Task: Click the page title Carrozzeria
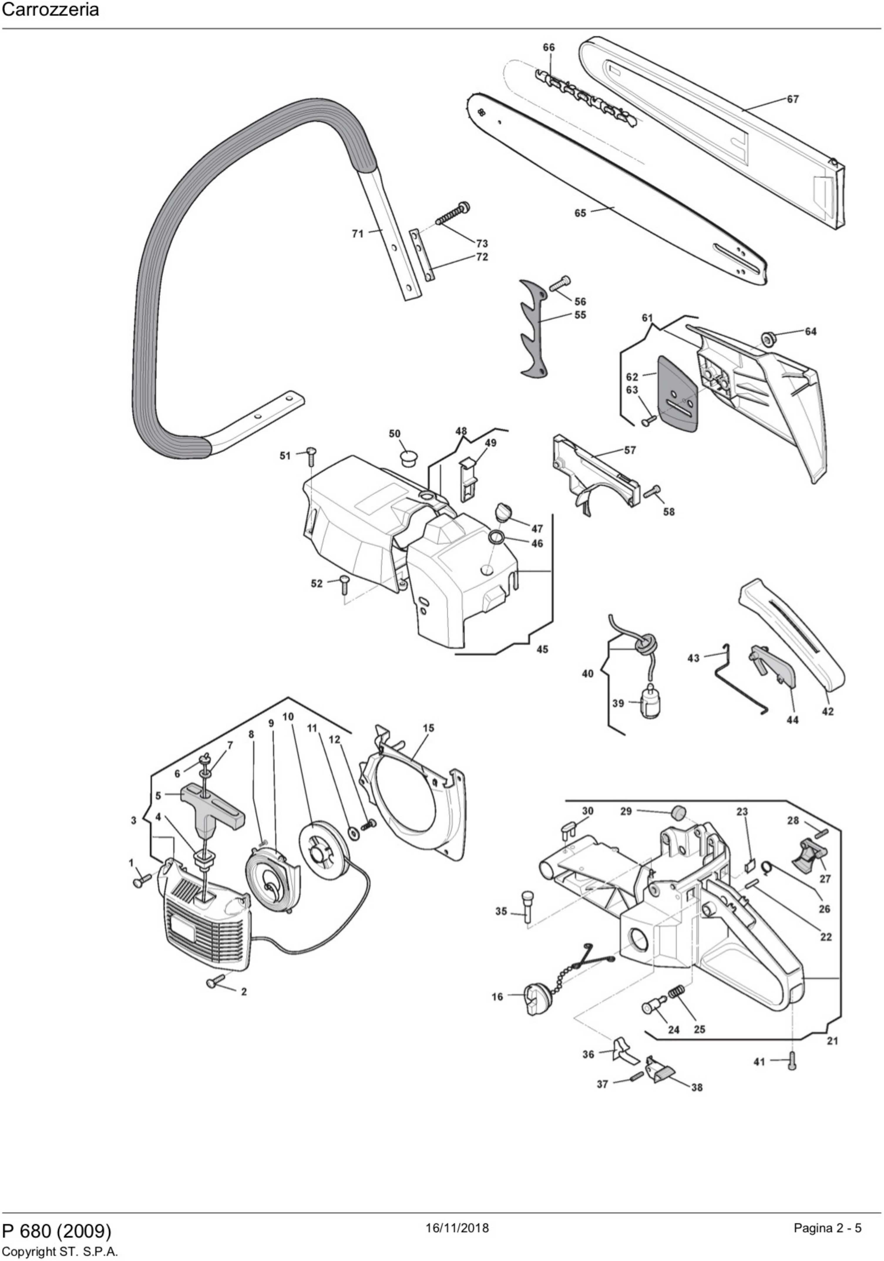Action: [51, 10]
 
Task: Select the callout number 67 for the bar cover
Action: [792, 100]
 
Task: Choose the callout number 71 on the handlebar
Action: [358, 234]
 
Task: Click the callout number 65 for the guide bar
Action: [580, 213]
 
